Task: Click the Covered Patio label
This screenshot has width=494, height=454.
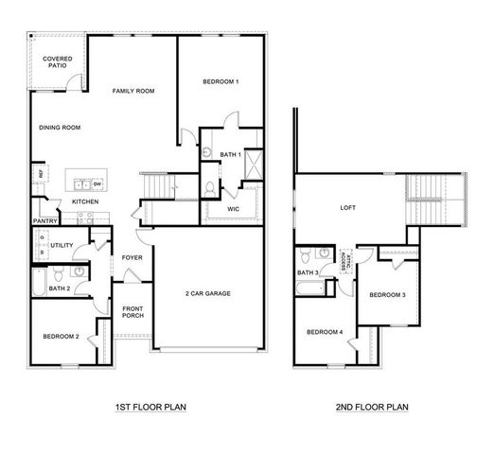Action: pyautogui.click(x=58, y=62)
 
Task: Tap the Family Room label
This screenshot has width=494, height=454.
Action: pyautogui.click(x=133, y=91)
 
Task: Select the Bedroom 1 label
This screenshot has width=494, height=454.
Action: pyautogui.click(x=221, y=82)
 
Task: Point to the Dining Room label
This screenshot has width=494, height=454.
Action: pyautogui.click(x=59, y=128)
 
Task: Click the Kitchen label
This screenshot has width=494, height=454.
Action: pyautogui.click(x=86, y=201)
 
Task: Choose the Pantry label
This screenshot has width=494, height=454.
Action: pyautogui.click(x=45, y=221)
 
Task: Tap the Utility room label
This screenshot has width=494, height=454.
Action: pyautogui.click(x=62, y=245)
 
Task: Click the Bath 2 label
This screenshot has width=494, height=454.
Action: pyautogui.click(x=60, y=288)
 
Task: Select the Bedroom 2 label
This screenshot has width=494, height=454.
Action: pyautogui.click(x=60, y=336)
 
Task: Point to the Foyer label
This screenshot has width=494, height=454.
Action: pyautogui.click(x=132, y=256)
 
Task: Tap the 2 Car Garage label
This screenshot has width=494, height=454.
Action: pyautogui.click(x=207, y=293)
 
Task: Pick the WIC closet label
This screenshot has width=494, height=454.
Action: pyautogui.click(x=233, y=209)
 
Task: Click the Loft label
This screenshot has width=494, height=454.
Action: pyautogui.click(x=347, y=207)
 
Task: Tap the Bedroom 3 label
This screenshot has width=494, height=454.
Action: pyautogui.click(x=387, y=295)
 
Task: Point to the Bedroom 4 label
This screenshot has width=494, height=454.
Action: pyautogui.click(x=325, y=331)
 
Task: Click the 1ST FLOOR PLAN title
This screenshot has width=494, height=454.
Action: pyautogui.click(x=150, y=408)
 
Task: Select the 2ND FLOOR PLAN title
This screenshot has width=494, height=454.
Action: pyautogui.click(x=372, y=408)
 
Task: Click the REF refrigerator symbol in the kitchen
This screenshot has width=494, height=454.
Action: pyautogui.click(x=42, y=174)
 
